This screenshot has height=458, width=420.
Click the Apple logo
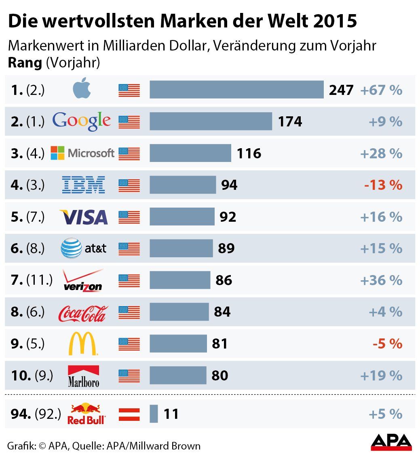click(83, 89)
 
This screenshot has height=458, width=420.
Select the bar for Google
click(211, 121)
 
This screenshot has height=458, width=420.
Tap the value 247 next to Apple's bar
click(341, 90)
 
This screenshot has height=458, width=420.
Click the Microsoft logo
click(82, 153)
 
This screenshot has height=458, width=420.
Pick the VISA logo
click(83, 217)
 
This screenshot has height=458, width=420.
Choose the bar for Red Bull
click(154, 414)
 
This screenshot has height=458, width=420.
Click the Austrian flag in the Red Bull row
click(129, 414)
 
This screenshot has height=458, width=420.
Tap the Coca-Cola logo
click(83, 313)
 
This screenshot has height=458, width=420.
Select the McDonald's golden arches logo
click(83, 344)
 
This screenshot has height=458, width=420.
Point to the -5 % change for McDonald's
click(387, 344)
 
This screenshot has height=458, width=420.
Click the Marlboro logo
click(83, 376)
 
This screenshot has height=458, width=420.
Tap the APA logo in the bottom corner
click(391, 443)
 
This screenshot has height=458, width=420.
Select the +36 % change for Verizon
click(381, 280)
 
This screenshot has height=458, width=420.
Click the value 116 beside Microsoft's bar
click(249, 153)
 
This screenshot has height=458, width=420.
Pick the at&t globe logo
click(71, 248)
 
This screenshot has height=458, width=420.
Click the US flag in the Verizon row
click(129, 280)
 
